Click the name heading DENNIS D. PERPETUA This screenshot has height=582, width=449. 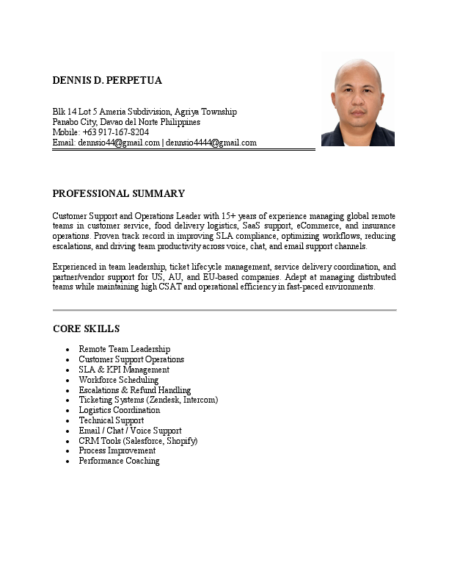point(107,79)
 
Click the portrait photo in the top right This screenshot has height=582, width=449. point(358,103)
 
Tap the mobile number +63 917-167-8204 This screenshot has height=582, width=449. point(116,132)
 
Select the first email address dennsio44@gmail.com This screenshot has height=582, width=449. point(119,143)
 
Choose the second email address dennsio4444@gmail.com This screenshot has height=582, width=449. point(211,143)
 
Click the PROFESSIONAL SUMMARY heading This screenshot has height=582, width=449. point(118,194)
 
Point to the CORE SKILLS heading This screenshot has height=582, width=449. point(86,328)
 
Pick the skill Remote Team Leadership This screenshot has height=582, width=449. point(124,349)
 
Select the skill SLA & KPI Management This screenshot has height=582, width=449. point(124,370)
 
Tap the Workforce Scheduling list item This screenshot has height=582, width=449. point(118,380)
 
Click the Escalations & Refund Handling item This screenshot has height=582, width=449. point(134,390)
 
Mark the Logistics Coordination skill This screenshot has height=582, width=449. point(119,410)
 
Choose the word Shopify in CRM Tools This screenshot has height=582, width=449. point(182,441)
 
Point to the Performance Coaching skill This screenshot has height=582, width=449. point(119,461)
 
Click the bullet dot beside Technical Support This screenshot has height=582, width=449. point(67,421)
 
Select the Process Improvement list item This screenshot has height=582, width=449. point(117,451)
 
